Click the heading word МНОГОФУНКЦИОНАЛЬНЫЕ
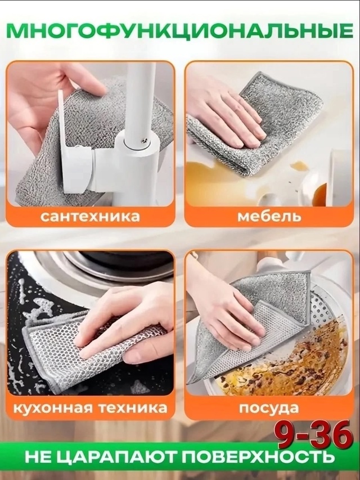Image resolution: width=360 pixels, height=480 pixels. coord(180,30)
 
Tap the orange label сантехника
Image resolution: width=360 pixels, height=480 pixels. coord(90,216)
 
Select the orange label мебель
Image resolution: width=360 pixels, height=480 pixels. coord(269,216)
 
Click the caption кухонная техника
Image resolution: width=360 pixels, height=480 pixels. coord(90,407)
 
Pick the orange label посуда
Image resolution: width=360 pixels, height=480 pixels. coord(269,407)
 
